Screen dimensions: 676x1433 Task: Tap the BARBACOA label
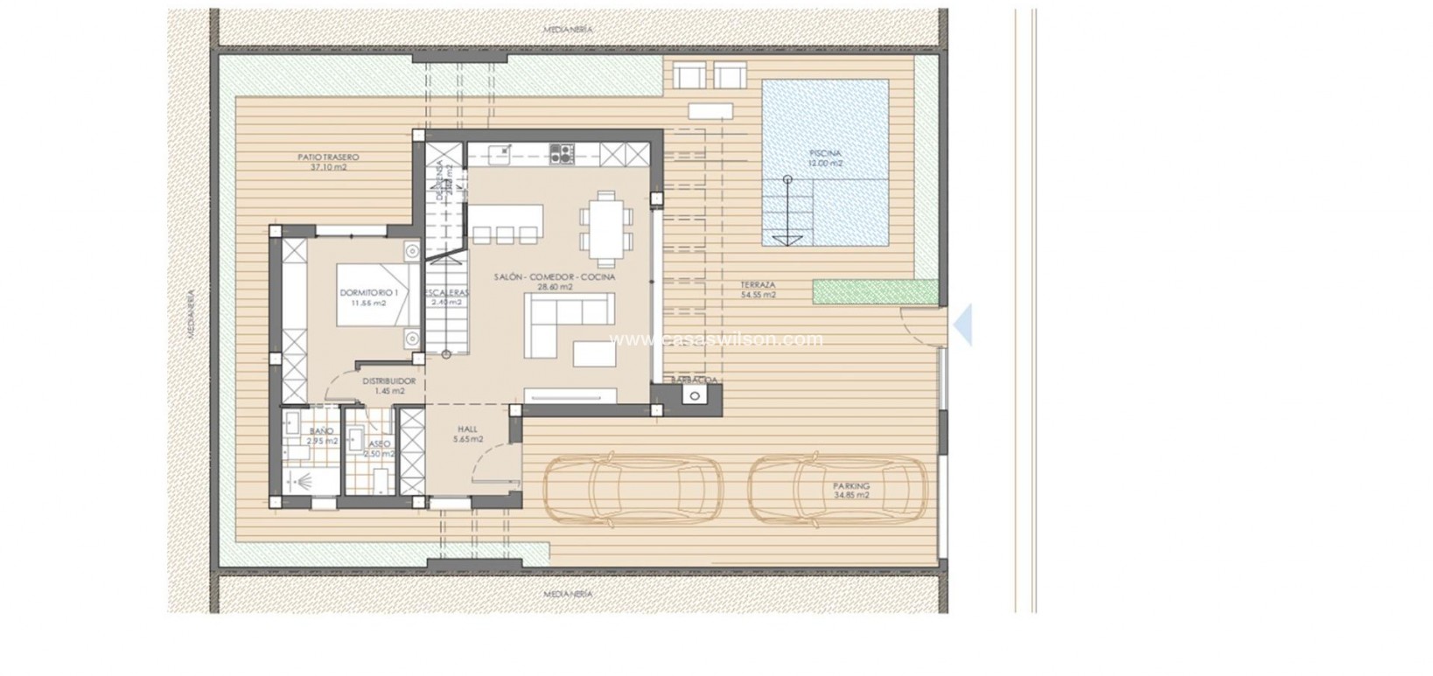[695, 380]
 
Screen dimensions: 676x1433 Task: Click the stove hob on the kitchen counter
[560, 155]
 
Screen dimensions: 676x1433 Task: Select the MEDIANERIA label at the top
[568, 30]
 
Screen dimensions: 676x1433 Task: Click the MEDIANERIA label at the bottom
[568, 594]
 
